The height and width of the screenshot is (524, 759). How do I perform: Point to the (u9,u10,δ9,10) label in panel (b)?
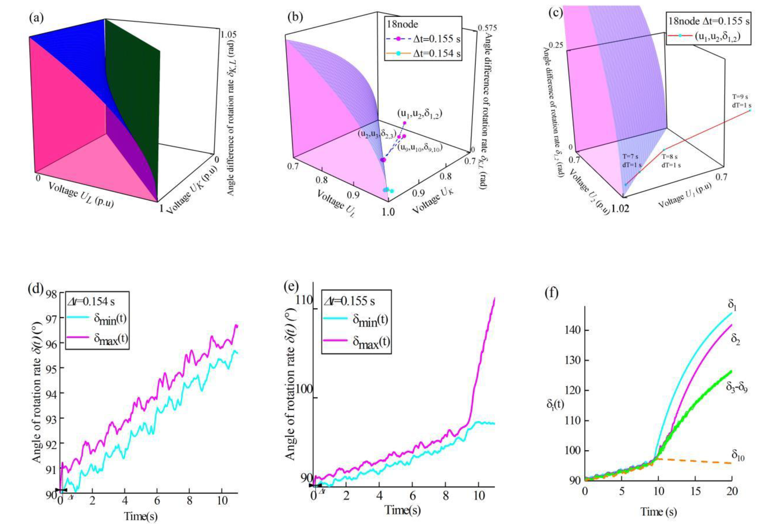[418, 148]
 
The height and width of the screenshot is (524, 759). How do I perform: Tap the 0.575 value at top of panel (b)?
[487, 28]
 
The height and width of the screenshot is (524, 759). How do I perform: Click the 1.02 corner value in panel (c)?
[620, 209]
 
